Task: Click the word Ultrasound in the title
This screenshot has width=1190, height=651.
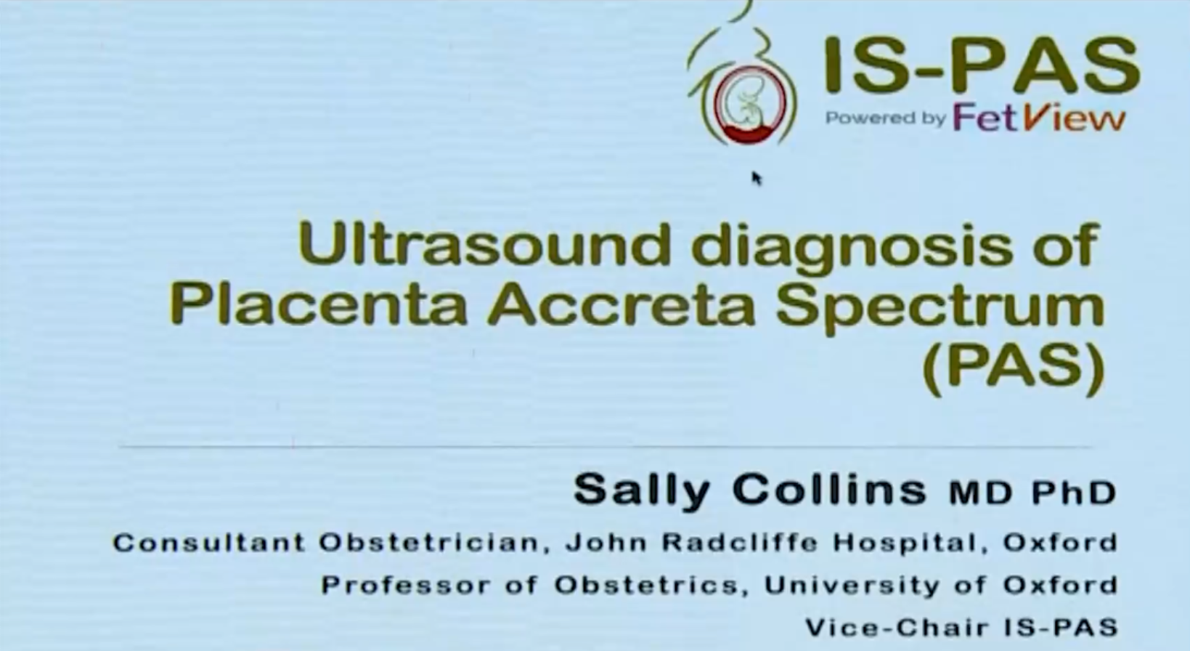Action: [x=484, y=244]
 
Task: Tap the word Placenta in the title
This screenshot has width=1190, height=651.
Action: [x=318, y=304]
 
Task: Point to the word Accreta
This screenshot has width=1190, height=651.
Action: [x=621, y=304]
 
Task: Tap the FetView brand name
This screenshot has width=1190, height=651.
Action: [x=1038, y=118]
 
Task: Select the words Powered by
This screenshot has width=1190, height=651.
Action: [x=885, y=118]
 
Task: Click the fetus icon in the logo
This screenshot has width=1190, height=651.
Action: [x=749, y=105]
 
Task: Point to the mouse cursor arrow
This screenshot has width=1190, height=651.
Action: [x=757, y=179]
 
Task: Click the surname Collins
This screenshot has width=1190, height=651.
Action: [x=829, y=490]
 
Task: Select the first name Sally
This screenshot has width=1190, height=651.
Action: [x=642, y=491]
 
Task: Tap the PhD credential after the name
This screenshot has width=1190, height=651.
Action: [x=1074, y=493]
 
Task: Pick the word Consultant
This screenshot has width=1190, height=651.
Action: [x=209, y=543]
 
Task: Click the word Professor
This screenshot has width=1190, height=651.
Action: [x=406, y=586]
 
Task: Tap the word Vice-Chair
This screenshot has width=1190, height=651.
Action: [x=899, y=628]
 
